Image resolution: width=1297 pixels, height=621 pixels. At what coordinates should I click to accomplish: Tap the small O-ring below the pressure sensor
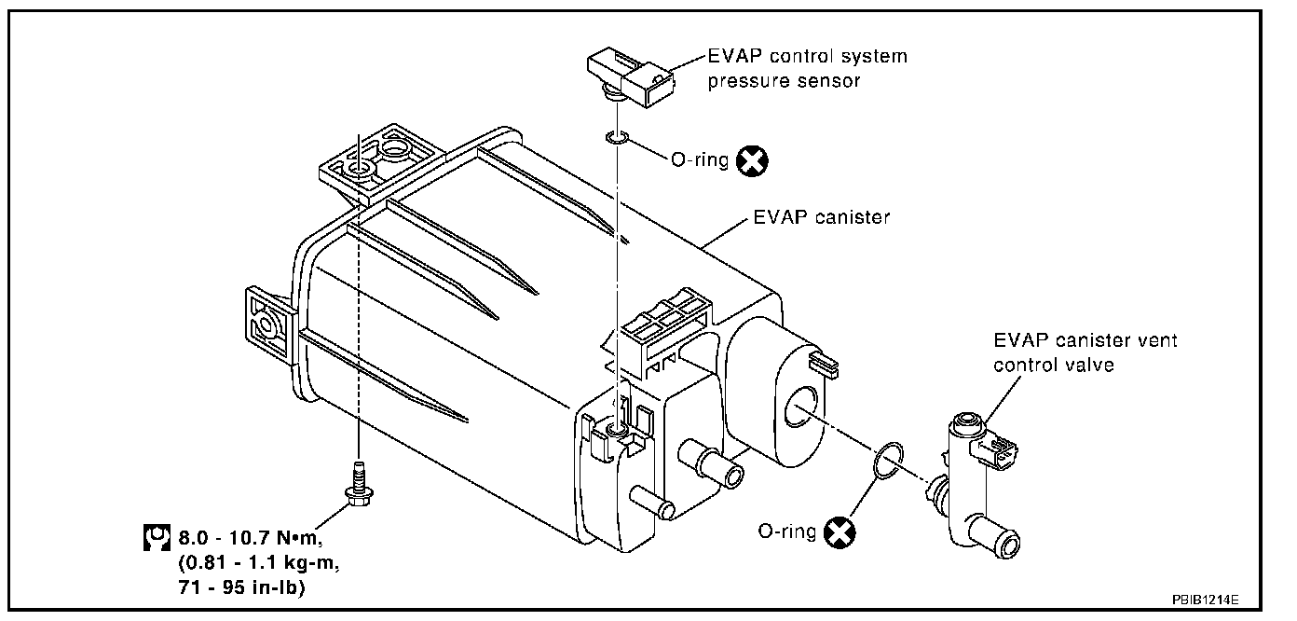pyautogui.click(x=617, y=138)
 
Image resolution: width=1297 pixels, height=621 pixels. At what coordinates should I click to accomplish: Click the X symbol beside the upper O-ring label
pyautogui.click(x=752, y=161)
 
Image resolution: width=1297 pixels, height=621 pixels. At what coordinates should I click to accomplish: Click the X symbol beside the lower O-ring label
pyautogui.click(x=840, y=532)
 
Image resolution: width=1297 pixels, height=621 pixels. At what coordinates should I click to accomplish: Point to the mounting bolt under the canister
pyautogui.click(x=359, y=483)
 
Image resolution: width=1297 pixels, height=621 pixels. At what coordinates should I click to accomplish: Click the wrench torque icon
pyautogui.click(x=157, y=537)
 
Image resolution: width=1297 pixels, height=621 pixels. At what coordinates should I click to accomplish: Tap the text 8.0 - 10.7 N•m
pyautogui.click(x=250, y=538)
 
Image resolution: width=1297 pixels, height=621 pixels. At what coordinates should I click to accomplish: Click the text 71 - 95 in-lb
pyautogui.click(x=241, y=587)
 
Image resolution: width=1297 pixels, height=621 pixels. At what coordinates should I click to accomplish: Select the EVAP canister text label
pyautogui.click(x=821, y=217)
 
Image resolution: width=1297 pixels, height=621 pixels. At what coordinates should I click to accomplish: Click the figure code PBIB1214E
pyautogui.click(x=1206, y=600)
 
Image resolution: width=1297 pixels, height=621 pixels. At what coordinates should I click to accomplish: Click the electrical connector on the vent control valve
pyautogui.click(x=997, y=451)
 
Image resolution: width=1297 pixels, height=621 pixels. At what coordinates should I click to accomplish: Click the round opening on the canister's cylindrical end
pyautogui.click(x=800, y=406)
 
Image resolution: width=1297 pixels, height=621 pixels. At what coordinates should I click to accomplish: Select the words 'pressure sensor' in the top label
pyautogui.click(x=784, y=81)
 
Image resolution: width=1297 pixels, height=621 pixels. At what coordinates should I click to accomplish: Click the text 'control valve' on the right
pyautogui.click(x=1054, y=365)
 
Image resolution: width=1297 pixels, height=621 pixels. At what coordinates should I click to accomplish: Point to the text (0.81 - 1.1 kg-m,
pyautogui.click(x=259, y=563)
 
